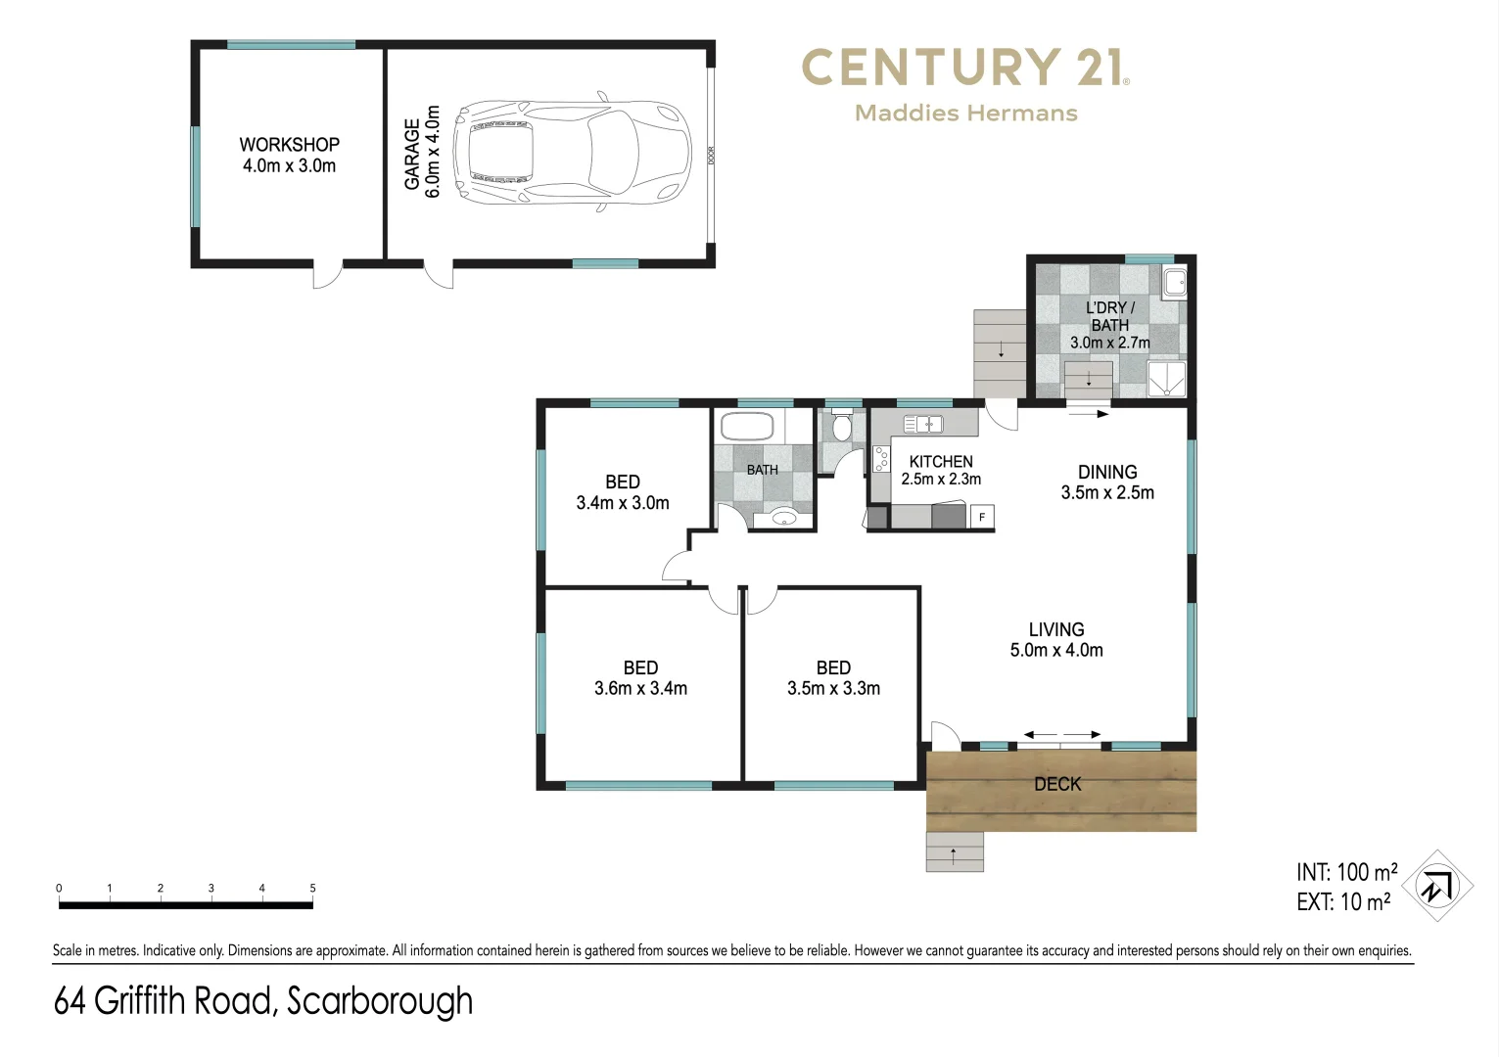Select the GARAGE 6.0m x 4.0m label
click(x=422, y=153)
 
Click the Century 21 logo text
click(x=964, y=69)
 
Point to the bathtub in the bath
click(x=747, y=427)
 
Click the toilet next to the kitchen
click(x=841, y=428)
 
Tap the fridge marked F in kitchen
click(x=981, y=517)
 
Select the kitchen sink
click(x=922, y=424)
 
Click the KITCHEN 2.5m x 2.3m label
click(x=940, y=470)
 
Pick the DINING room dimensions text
click(x=1107, y=493)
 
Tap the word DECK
click(x=1057, y=784)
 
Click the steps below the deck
click(x=955, y=852)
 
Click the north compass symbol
click(x=1436, y=886)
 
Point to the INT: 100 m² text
click(x=1346, y=872)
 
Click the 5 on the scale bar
click(x=312, y=889)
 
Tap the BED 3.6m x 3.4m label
click(x=640, y=678)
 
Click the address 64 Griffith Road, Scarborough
click(x=263, y=1001)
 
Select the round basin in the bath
click(x=783, y=517)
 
